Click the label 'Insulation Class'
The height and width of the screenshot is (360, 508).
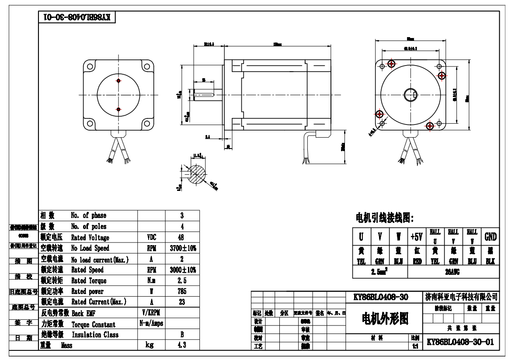(x=94, y=335)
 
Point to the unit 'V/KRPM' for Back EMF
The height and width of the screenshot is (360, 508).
(x=151, y=313)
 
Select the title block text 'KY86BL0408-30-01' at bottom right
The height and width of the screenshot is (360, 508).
(x=460, y=342)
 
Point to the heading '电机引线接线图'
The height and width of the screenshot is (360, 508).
(x=385, y=217)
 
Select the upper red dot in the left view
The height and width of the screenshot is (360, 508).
(x=118, y=81)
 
